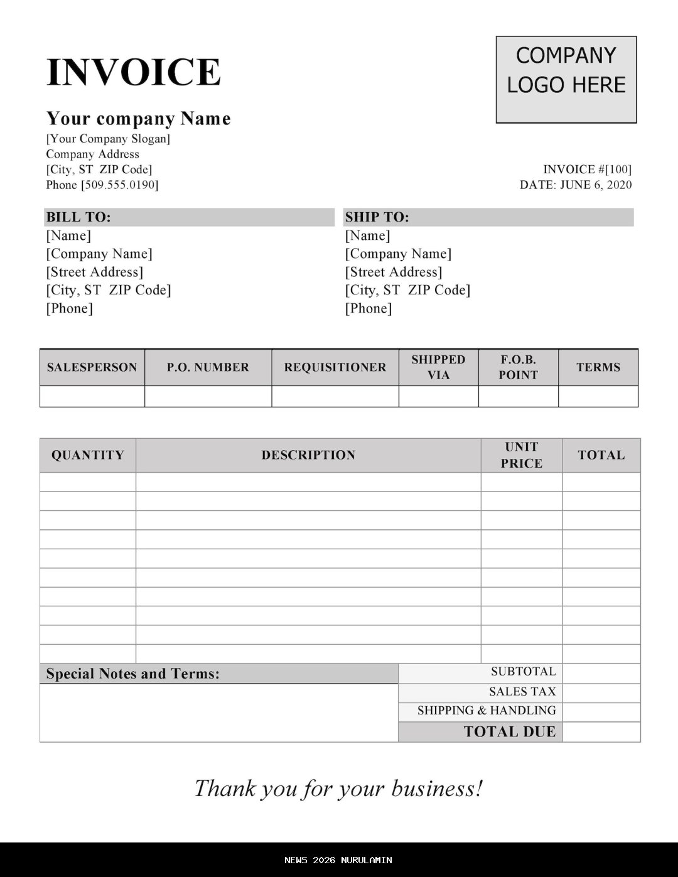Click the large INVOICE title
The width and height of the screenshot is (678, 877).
click(133, 72)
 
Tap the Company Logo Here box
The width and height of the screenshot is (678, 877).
click(566, 79)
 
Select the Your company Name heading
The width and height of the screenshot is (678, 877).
click(138, 119)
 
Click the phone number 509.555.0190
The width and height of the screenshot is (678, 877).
click(119, 185)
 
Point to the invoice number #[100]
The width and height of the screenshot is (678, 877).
click(618, 169)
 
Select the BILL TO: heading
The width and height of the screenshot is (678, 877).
click(78, 217)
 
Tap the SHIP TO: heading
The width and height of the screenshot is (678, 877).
click(377, 217)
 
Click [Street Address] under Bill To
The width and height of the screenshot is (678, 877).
click(94, 272)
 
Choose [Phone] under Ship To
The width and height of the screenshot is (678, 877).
click(368, 308)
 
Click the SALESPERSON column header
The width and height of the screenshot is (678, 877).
click(92, 367)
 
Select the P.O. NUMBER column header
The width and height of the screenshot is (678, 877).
click(208, 367)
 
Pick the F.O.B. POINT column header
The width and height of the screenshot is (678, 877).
click(518, 367)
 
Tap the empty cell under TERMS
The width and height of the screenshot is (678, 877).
click(598, 396)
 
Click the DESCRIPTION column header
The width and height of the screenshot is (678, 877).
click(308, 455)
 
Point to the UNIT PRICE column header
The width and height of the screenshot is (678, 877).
click(521, 455)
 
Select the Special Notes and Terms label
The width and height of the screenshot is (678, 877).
click(132, 674)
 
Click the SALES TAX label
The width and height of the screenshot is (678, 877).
click(522, 692)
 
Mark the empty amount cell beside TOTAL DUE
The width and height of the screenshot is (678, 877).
click(601, 732)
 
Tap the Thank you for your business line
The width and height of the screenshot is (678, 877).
click(338, 788)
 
